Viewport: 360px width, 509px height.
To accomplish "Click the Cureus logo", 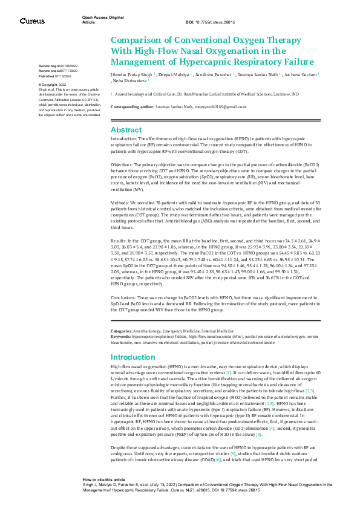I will [32, 21].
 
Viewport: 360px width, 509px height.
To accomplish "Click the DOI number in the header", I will [215, 22].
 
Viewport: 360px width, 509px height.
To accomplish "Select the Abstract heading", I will [126, 130].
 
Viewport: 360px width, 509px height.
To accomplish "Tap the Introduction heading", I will [133, 357].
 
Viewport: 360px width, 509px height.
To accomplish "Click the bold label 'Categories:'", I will [122, 331].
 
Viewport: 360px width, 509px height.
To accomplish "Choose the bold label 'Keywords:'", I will [122, 336].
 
